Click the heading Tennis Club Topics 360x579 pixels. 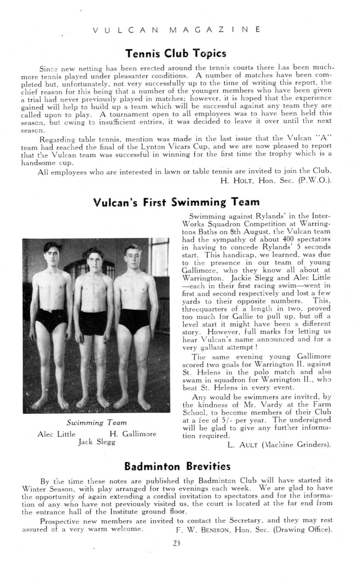pos(176,53)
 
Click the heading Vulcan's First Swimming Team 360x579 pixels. pos(176,202)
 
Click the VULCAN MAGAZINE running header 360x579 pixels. pos(176,30)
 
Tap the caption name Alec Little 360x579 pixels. pos(57,434)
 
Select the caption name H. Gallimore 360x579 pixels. pos(133,434)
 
